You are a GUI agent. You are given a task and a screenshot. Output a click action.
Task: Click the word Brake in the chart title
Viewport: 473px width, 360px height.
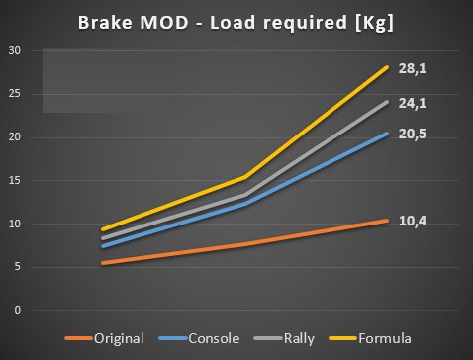[105, 23]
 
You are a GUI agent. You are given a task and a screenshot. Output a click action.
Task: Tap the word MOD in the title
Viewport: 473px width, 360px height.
[164, 23]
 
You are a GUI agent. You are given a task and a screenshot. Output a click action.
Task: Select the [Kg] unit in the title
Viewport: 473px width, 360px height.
[374, 24]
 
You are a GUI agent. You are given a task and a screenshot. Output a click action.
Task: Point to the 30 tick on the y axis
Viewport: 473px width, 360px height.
[15, 50]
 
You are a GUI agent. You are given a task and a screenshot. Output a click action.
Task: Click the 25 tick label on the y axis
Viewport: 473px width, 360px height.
[15, 94]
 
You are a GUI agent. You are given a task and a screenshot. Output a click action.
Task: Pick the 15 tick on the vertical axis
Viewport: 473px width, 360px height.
[15, 181]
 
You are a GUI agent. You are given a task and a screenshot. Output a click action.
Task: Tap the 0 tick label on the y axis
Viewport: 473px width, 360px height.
[17, 310]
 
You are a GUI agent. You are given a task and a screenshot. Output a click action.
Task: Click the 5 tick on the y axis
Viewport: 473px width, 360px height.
[17, 267]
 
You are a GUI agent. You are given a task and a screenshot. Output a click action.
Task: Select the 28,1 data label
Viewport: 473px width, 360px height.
[413, 68]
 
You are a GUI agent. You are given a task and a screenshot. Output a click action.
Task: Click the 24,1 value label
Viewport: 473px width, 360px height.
[413, 103]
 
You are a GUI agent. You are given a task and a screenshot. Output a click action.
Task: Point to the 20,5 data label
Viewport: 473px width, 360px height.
[413, 134]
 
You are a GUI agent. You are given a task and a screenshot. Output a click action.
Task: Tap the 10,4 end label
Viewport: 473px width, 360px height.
[413, 221]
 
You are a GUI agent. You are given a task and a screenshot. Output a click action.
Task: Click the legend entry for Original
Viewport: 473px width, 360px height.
[105, 339]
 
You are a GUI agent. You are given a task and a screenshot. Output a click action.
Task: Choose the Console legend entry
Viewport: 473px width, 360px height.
[199, 338]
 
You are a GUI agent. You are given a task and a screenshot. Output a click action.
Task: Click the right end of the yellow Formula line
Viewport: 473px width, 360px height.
[387, 67]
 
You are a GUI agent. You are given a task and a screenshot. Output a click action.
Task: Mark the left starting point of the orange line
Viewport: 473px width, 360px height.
[103, 263]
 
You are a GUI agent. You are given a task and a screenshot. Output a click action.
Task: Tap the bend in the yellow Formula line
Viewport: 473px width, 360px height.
[245, 177]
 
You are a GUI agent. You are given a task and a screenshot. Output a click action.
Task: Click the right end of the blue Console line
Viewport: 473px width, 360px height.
[387, 134]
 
